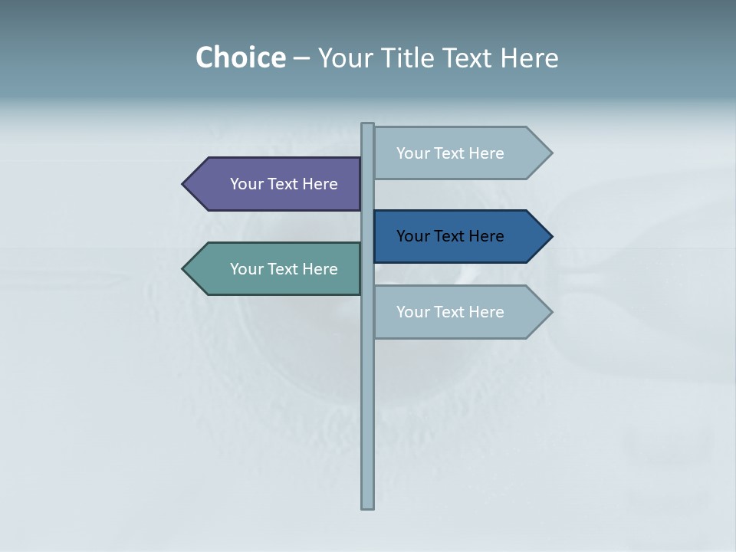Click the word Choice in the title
[240, 58]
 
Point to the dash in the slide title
[301, 58]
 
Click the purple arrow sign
[276, 184]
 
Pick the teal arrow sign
[276, 269]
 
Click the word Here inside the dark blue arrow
[486, 236]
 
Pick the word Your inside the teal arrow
[245, 269]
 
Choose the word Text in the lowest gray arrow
[450, 312]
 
